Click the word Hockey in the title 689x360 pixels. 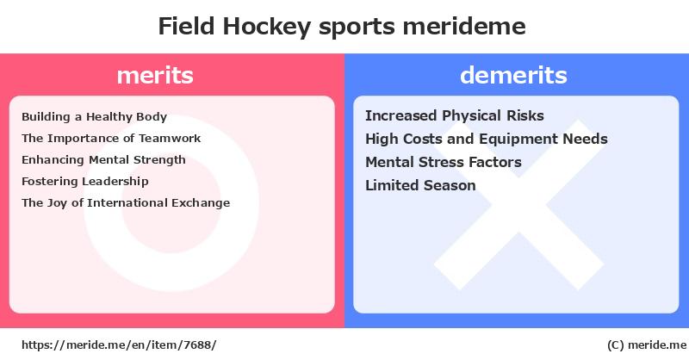coord(267,28)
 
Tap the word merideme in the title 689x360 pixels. coord(464,27)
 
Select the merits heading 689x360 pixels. coord(155,76)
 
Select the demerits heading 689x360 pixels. coord(513,75)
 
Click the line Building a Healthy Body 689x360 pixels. coord(94,117)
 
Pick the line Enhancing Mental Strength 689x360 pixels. coord(103,160)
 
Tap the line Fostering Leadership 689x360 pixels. coord(84,181)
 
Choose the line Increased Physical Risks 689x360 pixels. coord(455,115)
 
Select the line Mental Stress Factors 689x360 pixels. coord(444,162)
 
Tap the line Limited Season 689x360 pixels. coord(420,185)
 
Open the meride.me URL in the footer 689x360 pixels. coord(119,345)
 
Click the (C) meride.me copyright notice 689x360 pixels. coord(647,345)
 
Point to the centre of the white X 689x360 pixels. coord(519,205)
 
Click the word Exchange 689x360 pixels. coord(201,203)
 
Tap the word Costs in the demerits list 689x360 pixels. coord(423,139)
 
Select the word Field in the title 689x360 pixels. coord(186,27)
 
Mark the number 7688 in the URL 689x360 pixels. coord(198,345)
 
